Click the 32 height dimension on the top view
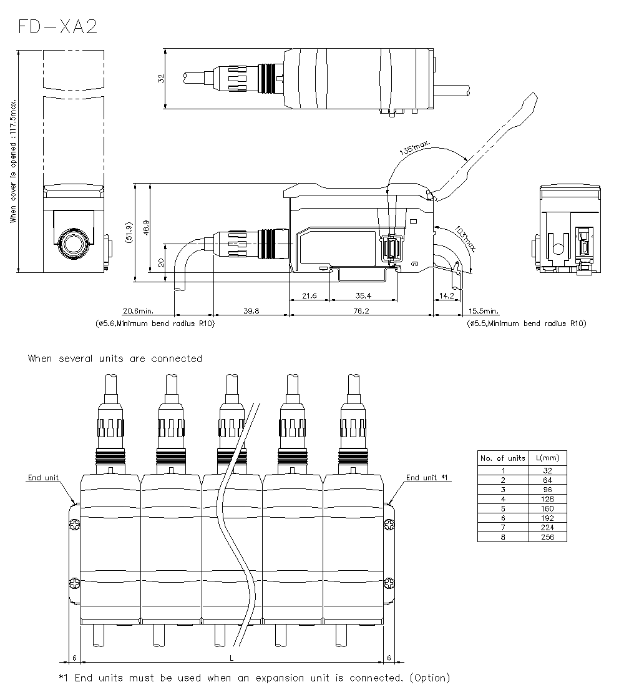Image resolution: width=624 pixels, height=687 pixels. pyautogui.click(x=161, y=78)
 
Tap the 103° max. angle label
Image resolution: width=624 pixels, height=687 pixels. pyautogui.click(x=465, y=239)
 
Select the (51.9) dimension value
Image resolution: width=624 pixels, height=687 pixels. pyautogui.click(x=129, y=232)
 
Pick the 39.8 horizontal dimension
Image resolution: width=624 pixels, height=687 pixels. pyautogui.click(x=251, y=310)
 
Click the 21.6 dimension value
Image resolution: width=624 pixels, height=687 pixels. pyautogui.click(x=310, y=295)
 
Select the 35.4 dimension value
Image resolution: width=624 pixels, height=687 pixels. pyautogui.click(x=363, y=295)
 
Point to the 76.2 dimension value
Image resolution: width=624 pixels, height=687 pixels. pyautogui.click(x=362, y=310)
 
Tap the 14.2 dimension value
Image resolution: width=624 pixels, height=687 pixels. pyautogui.click(x=447, y=295)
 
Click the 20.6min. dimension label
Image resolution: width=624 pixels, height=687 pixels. pyautogui.click(x=138, y=310)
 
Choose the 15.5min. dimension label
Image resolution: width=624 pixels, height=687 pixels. pyautogui.click(x=483, y=310)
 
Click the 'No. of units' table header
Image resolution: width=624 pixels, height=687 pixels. pyautogui.click(x=502, y=458)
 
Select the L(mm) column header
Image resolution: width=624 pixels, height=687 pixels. pyautogui.click(x=547, y=458)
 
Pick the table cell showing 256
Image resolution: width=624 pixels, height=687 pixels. pyautogui.click(x=547, y=537)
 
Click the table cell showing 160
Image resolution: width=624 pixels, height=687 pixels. pyautogui.click(x=547, y=508)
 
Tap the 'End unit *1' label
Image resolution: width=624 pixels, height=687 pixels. pyautogui.click(x=427, y=478)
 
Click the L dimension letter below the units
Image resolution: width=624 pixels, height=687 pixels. pyautogui.click(x=232, y=658)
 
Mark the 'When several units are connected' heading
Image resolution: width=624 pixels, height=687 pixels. pyautogui.click(x=115, y=358)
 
